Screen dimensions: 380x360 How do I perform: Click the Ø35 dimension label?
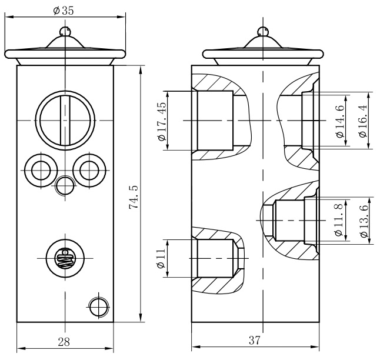coord(64,11)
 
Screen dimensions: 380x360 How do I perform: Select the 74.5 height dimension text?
coord(134,197)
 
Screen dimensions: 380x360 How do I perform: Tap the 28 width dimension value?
coord(64,342)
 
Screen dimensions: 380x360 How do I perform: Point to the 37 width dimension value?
coord(255,341)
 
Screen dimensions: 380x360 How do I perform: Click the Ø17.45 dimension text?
coord(162,121)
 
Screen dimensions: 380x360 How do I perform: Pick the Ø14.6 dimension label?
coord(340,121)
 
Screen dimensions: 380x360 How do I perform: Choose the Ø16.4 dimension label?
coord(363,121)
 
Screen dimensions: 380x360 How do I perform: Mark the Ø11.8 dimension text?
coord(338,220)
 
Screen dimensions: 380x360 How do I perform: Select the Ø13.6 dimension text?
coord(364,221)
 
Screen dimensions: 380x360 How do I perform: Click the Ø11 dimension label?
coord(161,258)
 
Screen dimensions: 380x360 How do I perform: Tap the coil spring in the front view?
coord(65,258)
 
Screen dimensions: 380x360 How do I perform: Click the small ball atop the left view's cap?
coord(65,31)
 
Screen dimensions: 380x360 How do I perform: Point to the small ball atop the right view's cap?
coord(263,31)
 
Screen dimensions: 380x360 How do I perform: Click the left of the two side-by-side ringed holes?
coord(41,170)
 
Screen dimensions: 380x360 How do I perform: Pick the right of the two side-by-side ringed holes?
coord(89,170)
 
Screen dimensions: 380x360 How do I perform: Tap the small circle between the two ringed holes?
coord(65,186)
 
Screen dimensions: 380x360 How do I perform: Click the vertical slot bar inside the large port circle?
coord(65,120)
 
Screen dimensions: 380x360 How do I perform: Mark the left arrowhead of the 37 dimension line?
coord(195,347)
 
